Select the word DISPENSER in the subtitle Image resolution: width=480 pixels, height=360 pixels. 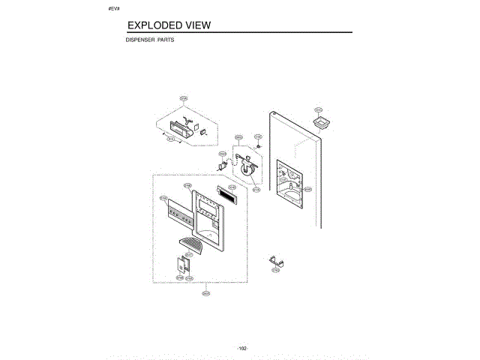tap(139, 40)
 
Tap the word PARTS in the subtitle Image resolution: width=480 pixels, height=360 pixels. tap(166, 40)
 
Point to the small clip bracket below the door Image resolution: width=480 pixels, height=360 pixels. tap(277, 261)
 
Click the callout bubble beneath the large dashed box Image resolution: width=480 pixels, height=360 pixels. tap(205, 293)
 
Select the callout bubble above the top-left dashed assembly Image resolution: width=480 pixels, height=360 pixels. tap(184, 97)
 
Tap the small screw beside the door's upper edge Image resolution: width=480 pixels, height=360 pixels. tap(258, 144)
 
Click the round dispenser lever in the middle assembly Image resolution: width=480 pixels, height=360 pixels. tap(252, 169)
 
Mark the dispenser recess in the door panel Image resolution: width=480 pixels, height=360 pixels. tap(289, 179)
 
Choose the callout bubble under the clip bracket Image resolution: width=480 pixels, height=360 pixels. tap(275, 270)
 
